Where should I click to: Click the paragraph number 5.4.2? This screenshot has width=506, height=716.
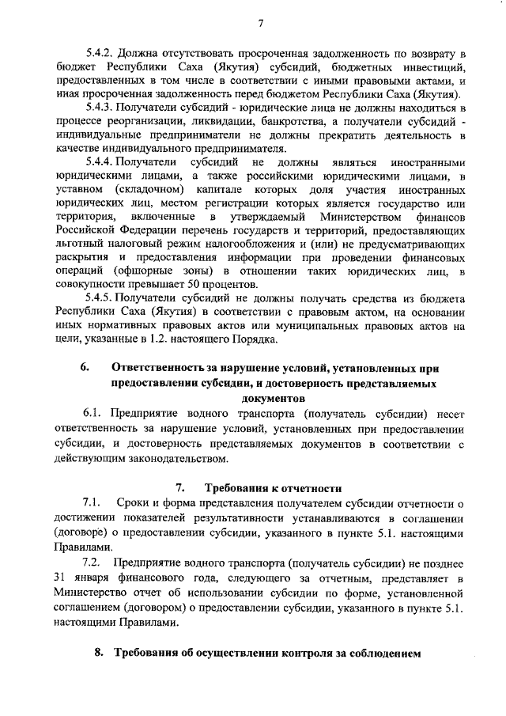pyautogui.click(x=100, y=53)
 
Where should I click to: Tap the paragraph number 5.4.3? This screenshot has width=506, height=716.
pyautogui.click(x=100, y=107)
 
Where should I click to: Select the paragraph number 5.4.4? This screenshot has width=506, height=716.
pyautogui.click(x=100, y=161)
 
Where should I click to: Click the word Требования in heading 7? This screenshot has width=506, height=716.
pyautogui.click(x=238, y=487)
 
